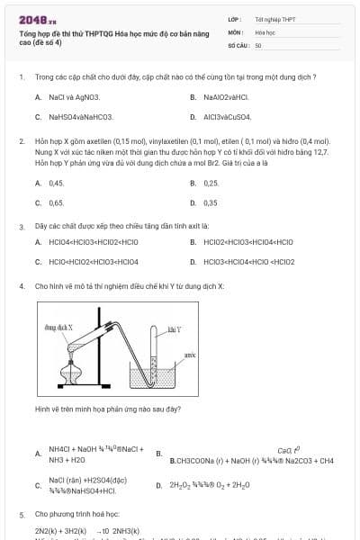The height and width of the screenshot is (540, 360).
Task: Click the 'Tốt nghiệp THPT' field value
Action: pyautogui.click(x=274, y=19)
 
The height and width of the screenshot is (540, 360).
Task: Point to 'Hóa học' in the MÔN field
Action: pyautogui.click(x=265, y=31)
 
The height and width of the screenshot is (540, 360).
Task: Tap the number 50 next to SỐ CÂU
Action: pyautogui.click(x=258, y=44)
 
